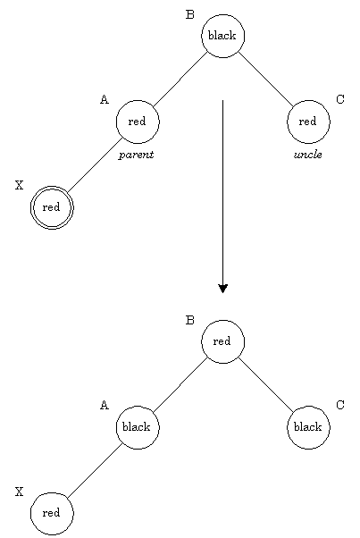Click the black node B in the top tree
click(222, 36)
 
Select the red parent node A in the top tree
click(138, 122)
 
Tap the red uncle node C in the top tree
click(308, 122)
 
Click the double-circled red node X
click(52, 207)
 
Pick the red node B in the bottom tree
click(222, 341)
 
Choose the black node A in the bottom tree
click(138, 427)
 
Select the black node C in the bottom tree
click(308, 427)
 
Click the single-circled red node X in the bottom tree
click(52, 514)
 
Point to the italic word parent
click(136, 155)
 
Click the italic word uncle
click(308, 155)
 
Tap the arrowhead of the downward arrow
click(222, 289)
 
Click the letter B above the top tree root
click(190, 15)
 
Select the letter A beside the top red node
click(105, 99)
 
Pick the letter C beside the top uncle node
click(340, 99)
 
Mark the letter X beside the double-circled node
click(20, 185)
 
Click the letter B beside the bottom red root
click(190, 320)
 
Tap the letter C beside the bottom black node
click(340, 405)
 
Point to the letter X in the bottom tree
click(20, 492)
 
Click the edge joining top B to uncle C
click(266, 79)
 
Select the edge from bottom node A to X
click(95, 471)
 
